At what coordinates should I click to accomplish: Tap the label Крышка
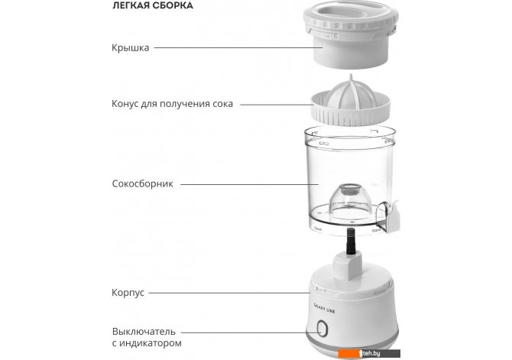tap(130, 47)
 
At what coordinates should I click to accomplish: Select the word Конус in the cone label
tap(125, 104)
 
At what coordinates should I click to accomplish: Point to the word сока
tap(222, 104)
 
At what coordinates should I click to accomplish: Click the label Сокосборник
tap(142, 183)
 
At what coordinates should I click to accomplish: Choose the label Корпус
tap(128, 293)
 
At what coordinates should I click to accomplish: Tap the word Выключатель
tap(144, 332)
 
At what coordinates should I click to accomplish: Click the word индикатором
tap(151, 343)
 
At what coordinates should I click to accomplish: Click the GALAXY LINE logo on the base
tap(324, 308)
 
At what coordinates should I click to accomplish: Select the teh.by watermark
tap(370, 353)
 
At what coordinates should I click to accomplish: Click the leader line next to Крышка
tap(238, 47)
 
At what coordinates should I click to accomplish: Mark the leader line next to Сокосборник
tap(249, 184)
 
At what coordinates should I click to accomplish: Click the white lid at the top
tap(351, 35)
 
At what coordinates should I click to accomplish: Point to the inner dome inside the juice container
tap(350, 199)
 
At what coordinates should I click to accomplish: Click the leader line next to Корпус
tap(229, 293)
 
